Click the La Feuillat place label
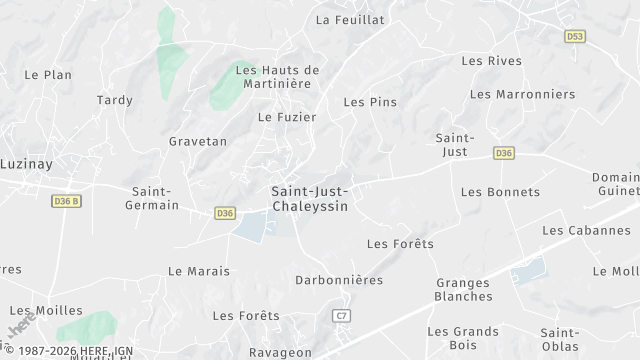click(x=350, y=19)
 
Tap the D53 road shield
click(x=574, y=36)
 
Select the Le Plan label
click(x=48, y=74)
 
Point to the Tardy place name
click(x=114, y=100)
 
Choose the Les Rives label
click(x=491, y=61)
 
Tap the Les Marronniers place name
click(x=522, y=94)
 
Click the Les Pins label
click(x=370, y=102)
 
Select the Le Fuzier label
click(x=287, y=117)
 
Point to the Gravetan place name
click(x=198, y=141)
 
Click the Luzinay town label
click(x=26, y=163)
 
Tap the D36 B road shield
click(x=65, y=201)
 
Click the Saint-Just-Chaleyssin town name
click(x=310, y=197)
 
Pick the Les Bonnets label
click(x=500, y=192)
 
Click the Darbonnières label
click(x=339, y=280)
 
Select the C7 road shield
click(x=342, y=315)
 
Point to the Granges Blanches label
click(x=464, y=289)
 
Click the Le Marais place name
click(x=199, y=271)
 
